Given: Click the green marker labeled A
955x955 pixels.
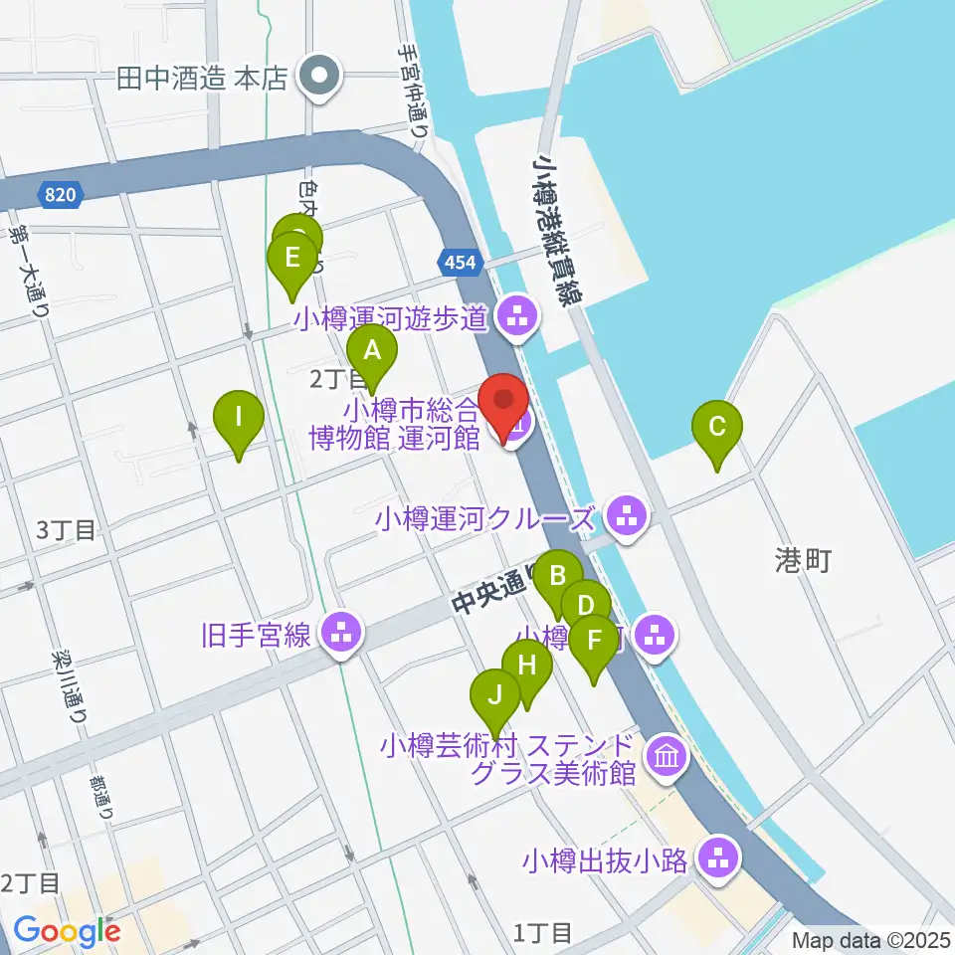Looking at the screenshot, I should click(x=372, y=350).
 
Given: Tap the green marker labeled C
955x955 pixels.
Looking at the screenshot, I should click(x=717, y=428).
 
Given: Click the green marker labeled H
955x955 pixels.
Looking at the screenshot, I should click(x=526, y=665).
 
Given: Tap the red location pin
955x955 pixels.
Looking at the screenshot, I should click(x=504, y=403).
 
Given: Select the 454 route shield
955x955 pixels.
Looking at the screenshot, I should click(x=461, y=262).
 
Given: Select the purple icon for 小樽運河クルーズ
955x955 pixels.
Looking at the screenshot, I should click(x=626, y=517).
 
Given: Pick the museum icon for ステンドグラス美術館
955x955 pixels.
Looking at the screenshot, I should click(x=666, y=757).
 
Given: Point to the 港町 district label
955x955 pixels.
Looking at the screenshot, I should click(x=802, y=560).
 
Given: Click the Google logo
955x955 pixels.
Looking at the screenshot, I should click(x=67, y=931).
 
